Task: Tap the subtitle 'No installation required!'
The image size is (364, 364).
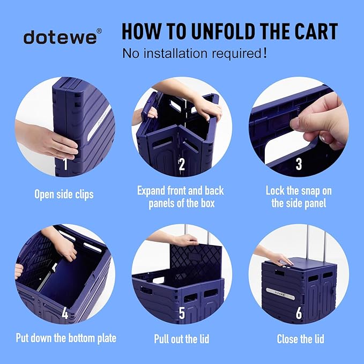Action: pos(195,54)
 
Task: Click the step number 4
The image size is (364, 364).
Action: pos(65,313)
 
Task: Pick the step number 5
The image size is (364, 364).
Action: pos(182,313)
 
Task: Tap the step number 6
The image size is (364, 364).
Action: pos(299,313)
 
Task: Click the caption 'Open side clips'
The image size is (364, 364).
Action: pos(64,194)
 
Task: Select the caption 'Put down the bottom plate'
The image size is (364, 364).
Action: pos(66,338)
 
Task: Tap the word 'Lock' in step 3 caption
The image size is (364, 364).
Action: pos(277,190)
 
